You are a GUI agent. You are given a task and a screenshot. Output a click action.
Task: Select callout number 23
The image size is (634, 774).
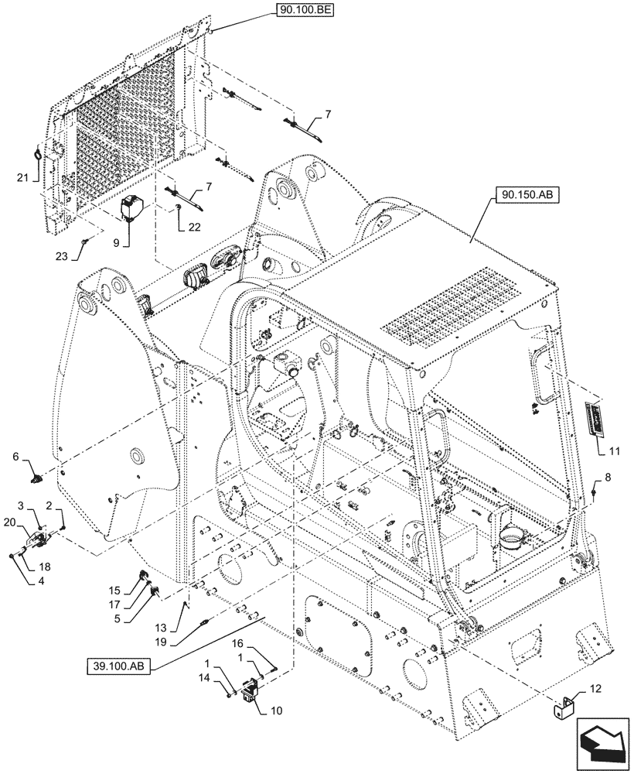click(x=81, y=255)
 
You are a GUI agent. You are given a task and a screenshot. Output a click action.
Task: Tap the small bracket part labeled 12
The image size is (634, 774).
click(x=565, y=707)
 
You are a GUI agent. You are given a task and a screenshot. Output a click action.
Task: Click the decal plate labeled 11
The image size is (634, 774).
click(x=596, y=419)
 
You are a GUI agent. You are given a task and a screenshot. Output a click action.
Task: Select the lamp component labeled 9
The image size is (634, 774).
click(x=132, y=208)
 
